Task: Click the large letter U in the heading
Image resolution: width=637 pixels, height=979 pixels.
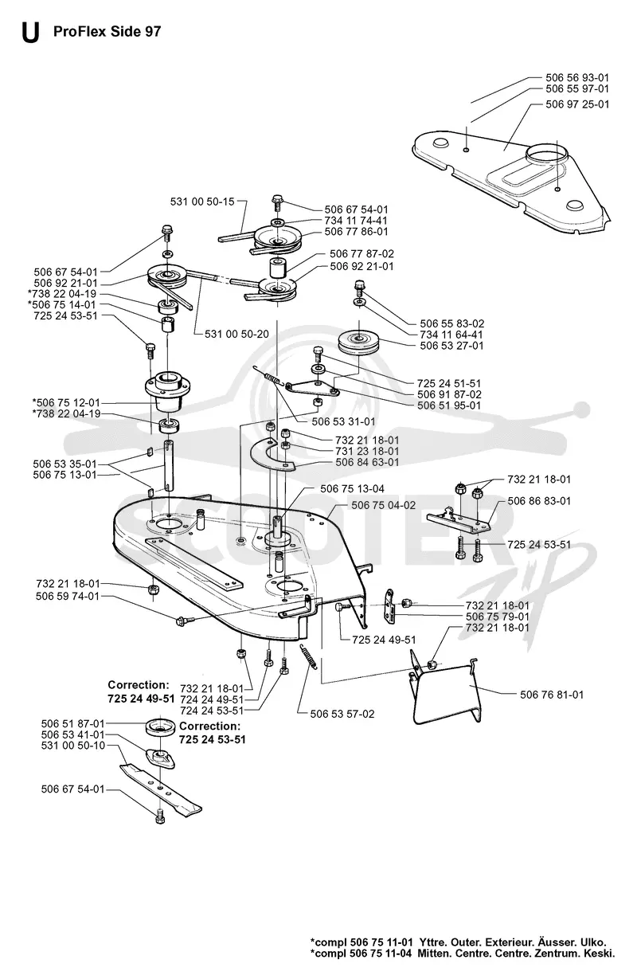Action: [30, 33]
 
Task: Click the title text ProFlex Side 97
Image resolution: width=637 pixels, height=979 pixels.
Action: [107, 32]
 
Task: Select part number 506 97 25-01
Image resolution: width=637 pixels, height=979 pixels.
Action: [576, 104]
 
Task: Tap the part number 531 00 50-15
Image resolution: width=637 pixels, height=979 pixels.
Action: [202, 202]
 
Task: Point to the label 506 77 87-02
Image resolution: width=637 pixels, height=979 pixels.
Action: [361, 253]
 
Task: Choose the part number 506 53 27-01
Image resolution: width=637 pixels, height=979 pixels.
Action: [451, 346]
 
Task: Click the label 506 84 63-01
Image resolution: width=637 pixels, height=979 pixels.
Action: [367, 462]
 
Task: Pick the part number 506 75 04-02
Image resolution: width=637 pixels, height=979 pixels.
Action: [383, 505]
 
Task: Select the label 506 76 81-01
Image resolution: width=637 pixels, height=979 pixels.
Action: [551, 695]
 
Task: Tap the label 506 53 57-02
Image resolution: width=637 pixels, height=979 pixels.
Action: [342, 714]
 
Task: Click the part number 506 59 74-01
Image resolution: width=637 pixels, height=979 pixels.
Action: [68, 596]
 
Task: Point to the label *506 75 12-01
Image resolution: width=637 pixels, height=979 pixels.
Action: [66, 402]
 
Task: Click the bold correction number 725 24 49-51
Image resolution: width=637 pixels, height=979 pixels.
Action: [141, 699]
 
